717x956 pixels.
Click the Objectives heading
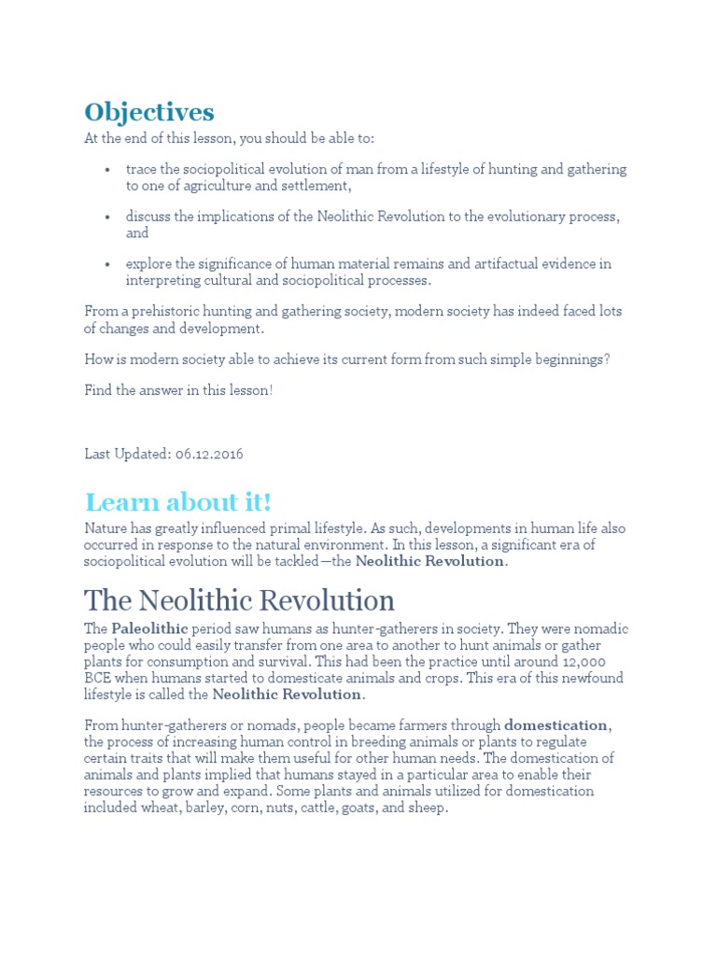click(x=149, y=113)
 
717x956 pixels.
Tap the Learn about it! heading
click(x=177, y=502)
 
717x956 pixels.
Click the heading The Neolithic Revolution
click(x=239, y=599)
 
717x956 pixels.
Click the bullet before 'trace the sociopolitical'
click(x=108, y=170)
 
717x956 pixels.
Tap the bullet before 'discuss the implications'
click(x=108, y=218)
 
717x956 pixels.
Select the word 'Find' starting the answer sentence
click(x=98, y=389)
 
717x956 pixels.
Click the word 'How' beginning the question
click(x=97, y=359)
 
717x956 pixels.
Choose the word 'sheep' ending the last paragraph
click(x=429, y=808)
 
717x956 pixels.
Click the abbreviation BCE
click(x=98, y=679)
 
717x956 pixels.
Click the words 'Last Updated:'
click(x=126, y=454)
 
